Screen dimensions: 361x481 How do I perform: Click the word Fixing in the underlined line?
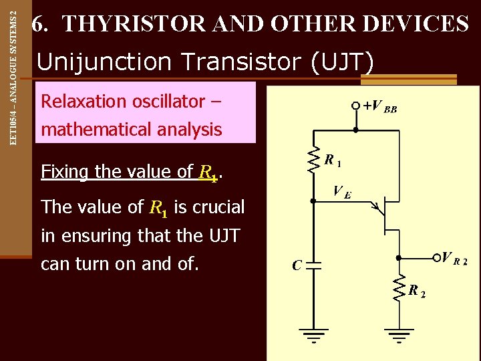tap(65, 172)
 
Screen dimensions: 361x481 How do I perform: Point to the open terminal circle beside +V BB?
tap(356, 106)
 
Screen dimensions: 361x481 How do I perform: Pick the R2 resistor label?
tap(417, 291)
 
